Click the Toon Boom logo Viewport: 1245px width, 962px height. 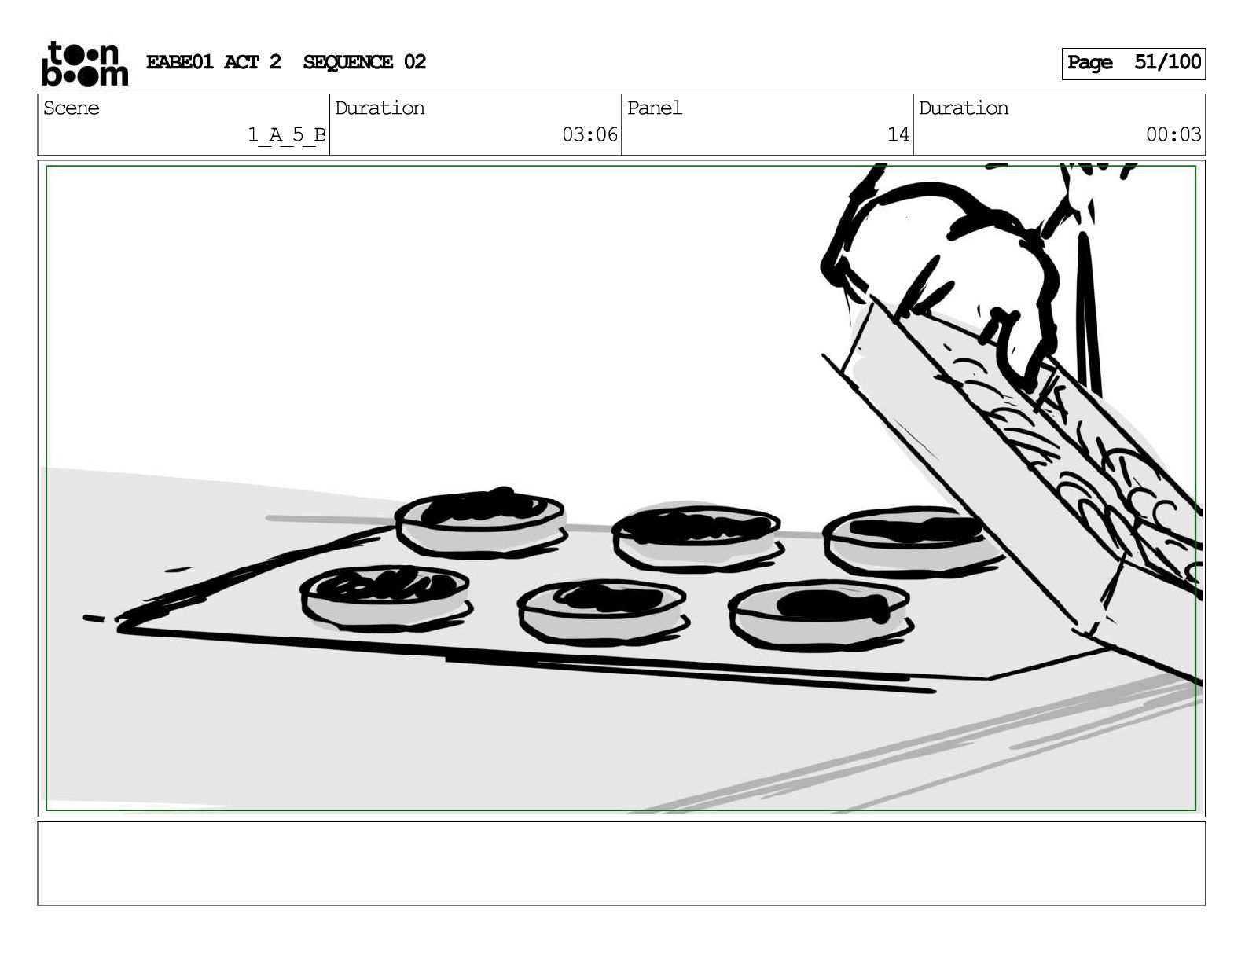click(85, 64)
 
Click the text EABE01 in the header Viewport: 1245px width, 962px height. click(179, 62)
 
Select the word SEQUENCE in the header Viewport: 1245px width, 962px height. click(347, 62)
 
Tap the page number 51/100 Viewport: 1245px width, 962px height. click(1167, 62)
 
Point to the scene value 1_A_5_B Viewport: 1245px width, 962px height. click(286, 135)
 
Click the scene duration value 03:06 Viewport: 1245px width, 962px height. click(589, 134)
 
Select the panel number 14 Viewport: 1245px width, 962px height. click(898, 134)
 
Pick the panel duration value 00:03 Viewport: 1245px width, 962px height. click(1173, 134)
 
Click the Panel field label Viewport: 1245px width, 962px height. click(654, 108)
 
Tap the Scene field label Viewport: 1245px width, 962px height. click(71, 108)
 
